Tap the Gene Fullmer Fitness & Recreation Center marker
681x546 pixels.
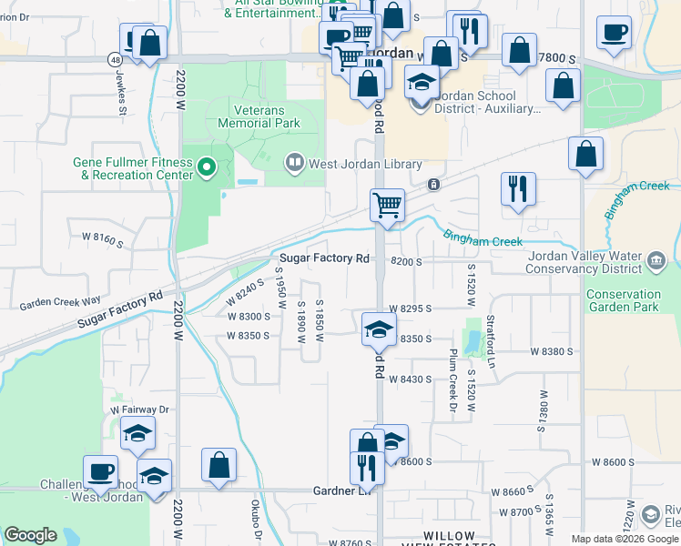click(207, 167)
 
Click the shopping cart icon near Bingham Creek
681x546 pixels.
click(387, 206)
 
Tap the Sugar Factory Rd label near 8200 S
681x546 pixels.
click(324, 258)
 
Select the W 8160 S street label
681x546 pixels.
click(102, 237)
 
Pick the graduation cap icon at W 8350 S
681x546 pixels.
click(379, 329)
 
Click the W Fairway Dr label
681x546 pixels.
click(140, 410)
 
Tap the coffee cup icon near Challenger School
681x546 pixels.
click(100, 471)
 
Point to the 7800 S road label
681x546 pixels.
click(557, 57)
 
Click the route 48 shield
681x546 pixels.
click(115, 59)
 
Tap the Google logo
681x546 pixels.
click(30, 535)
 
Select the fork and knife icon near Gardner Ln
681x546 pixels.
click(367, 468)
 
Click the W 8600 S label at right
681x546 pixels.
click(612, 462)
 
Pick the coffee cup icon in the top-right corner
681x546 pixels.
click(614, 33)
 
